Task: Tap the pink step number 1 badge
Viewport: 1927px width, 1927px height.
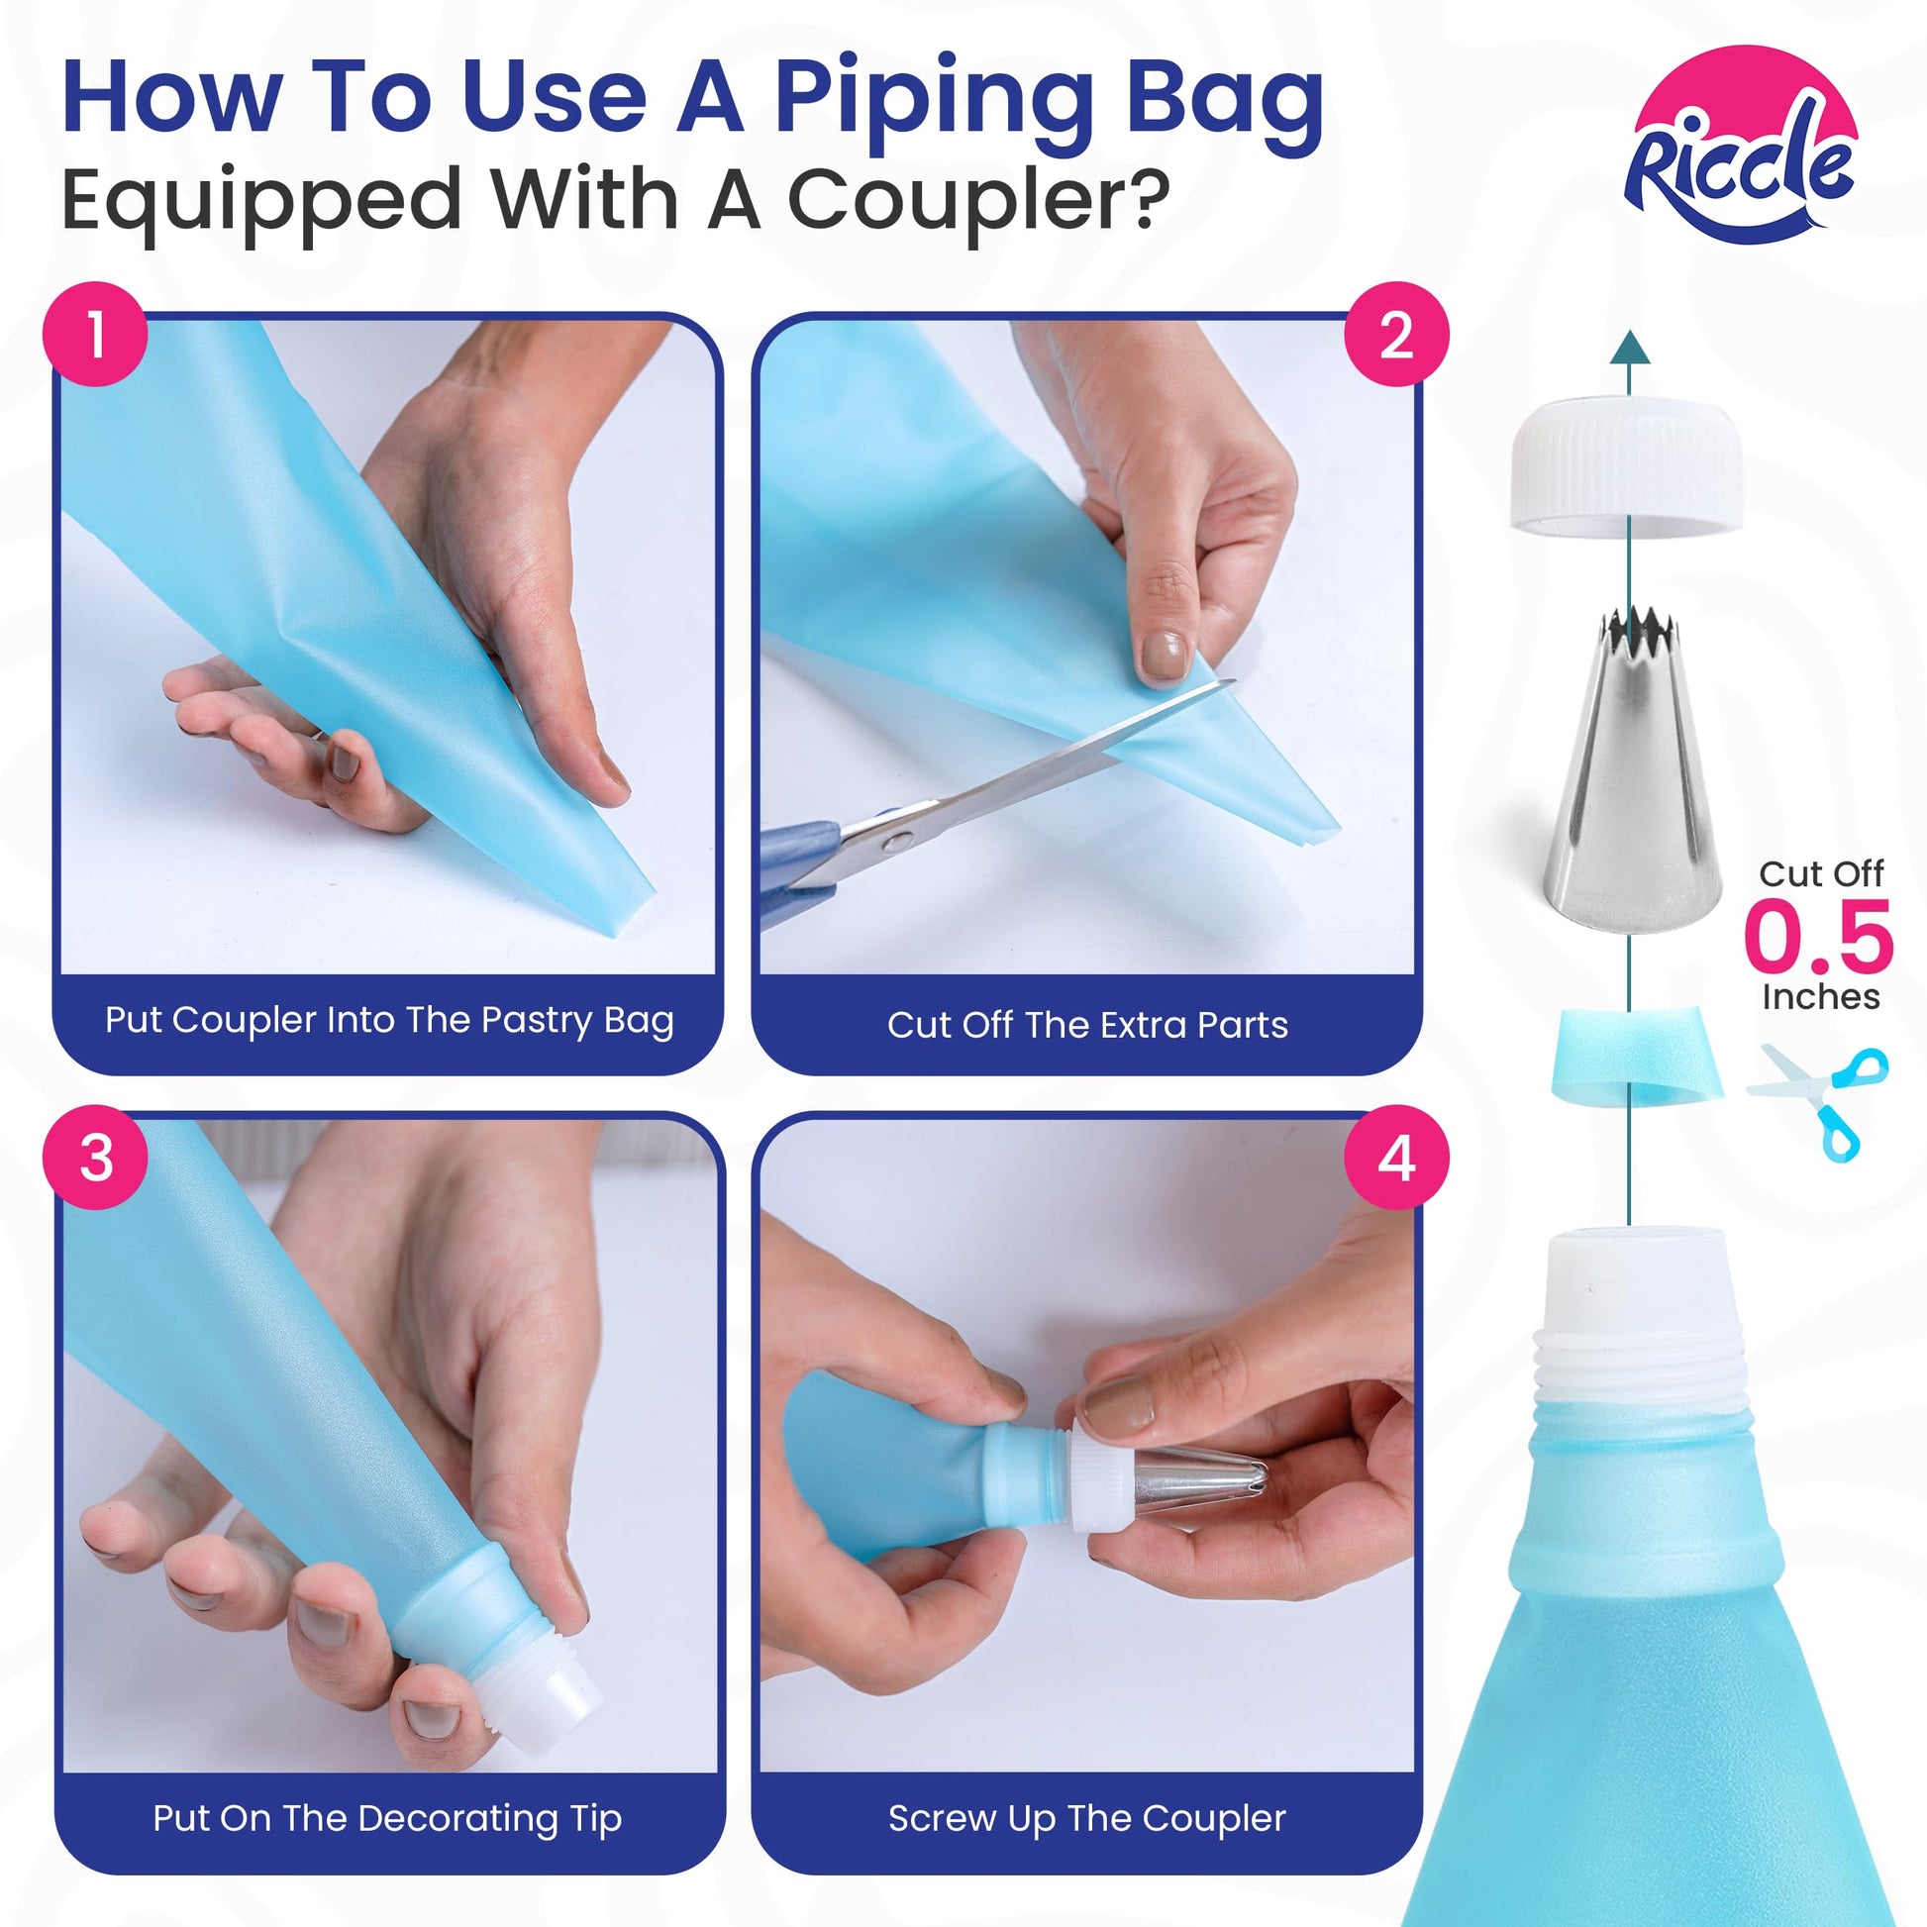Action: (x=95, y=334)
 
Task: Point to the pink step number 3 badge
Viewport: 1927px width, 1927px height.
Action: (x=95, y=1158)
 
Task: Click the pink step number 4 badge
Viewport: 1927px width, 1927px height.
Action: (x=1396, y=1158)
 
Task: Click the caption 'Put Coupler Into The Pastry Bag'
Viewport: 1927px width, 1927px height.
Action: (x=389, y=1020)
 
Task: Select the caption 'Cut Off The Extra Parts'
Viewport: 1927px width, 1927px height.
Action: (x=1087, y=1024)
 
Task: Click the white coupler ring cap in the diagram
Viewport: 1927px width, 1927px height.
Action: (x=1627, y=466)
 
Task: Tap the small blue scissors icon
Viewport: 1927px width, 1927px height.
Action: (x=1818, y=1101)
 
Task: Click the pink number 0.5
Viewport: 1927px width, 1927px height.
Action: (x=1818, y=936)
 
